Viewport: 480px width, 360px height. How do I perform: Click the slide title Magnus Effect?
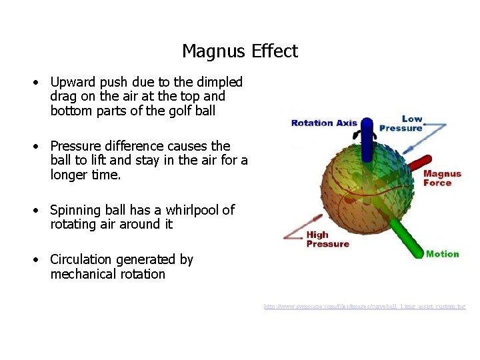pyautogui.click(x=240, y=51)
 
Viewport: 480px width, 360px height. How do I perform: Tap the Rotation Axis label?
pyautogui.click(x=324, y=123)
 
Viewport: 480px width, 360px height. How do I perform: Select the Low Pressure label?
pyautogui.click(x=402, y=124)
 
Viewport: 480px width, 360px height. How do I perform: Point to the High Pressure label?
pyautogui.click(x=327, y=239)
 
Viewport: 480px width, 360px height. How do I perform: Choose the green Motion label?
pyautogui.click(x=442, y=254)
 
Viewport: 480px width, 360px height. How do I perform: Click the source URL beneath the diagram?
pyautogui.click(x=364, y=307)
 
